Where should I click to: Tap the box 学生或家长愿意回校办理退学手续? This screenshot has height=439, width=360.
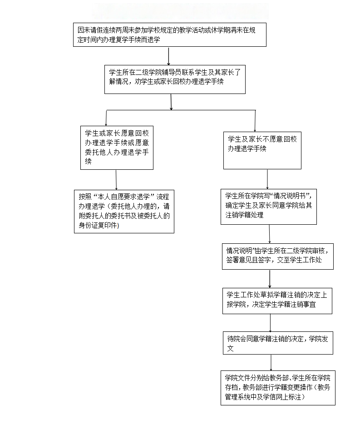(117, 148)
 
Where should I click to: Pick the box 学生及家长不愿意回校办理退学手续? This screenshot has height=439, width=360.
(262, 149)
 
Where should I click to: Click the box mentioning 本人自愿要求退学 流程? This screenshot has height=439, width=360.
(124, 211)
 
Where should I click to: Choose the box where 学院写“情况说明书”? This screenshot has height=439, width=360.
(269, 206)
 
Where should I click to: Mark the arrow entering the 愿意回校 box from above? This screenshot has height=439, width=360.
(106, 118)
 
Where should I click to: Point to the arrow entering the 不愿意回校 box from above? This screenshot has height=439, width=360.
(255, 121)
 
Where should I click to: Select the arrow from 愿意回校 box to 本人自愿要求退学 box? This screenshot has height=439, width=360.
(116, 179)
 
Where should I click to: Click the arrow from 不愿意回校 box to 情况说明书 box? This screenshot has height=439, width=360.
(267, 179)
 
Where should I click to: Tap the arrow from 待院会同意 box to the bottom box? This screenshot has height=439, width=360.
(271, 363)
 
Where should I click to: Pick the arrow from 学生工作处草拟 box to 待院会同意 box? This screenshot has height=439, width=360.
(271, 323)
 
